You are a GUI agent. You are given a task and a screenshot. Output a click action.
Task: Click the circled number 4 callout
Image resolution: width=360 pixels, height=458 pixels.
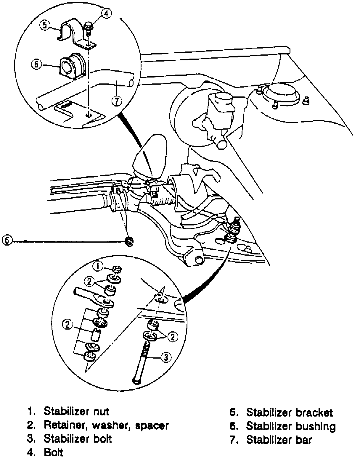coord(107,13)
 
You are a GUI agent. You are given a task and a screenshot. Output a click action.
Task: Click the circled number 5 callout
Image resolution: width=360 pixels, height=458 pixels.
coord(44,25)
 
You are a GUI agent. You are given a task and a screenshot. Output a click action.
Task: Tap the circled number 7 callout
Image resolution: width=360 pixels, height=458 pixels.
coord(117,101)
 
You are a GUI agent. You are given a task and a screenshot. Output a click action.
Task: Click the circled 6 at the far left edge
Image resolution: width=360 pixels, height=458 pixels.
coord(7,240)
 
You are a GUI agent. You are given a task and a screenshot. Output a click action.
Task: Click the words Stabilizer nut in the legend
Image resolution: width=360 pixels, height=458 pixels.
coord(76,411)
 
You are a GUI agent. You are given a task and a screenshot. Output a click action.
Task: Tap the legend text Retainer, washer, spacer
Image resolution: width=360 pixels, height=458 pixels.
coord(106,425)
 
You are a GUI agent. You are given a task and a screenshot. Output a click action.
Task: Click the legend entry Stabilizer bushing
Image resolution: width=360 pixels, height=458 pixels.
coord(291,426)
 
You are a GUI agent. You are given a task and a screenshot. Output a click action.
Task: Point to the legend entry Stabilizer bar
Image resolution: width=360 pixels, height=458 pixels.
coord(279,440)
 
